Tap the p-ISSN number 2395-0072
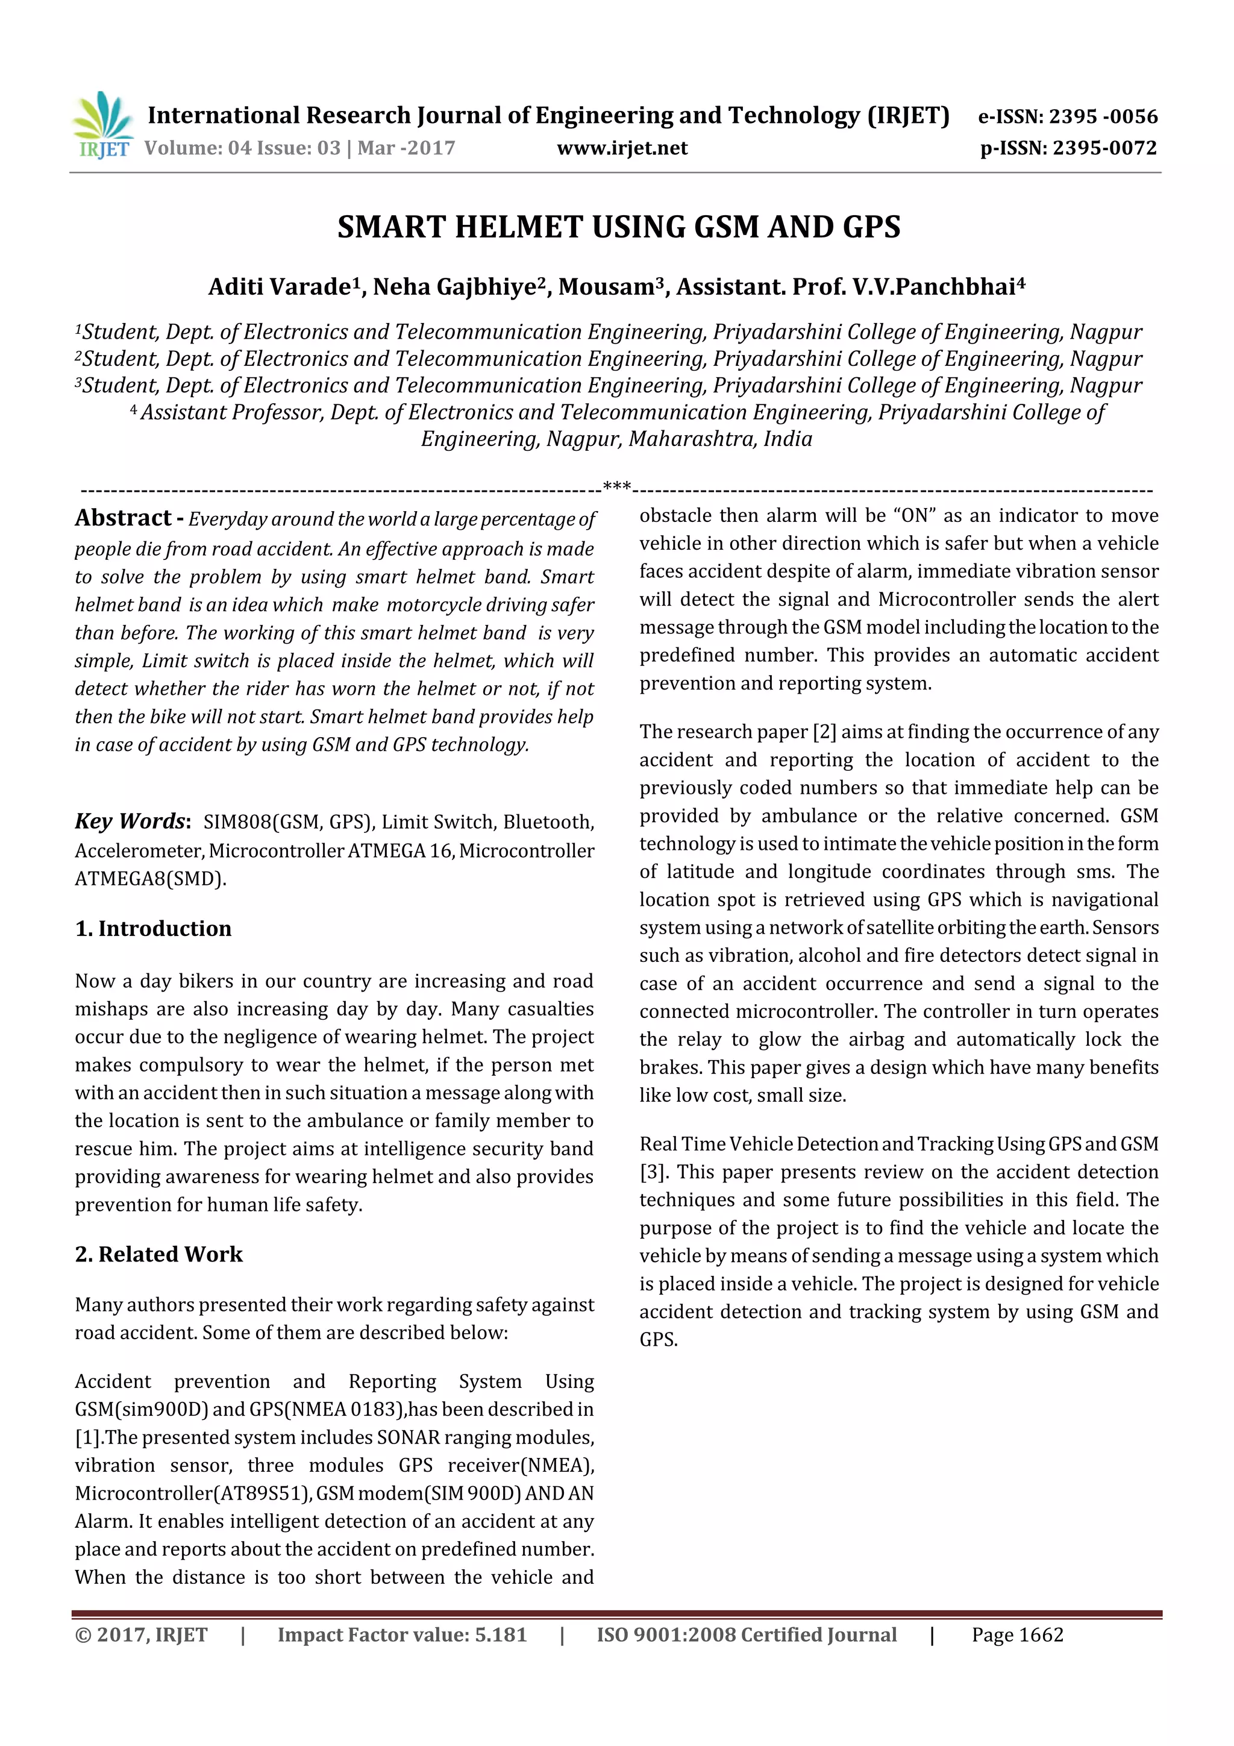(x=1104, y=148)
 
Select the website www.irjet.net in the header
(x=622, y=148)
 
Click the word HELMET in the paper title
(x=519, y=227)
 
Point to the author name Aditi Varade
(x=278, y=287)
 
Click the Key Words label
(x=130, y=821)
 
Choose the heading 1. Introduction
(x=153, y=929)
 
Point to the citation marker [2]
(x=824, y=732)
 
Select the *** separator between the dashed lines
(x=616, y=485)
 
